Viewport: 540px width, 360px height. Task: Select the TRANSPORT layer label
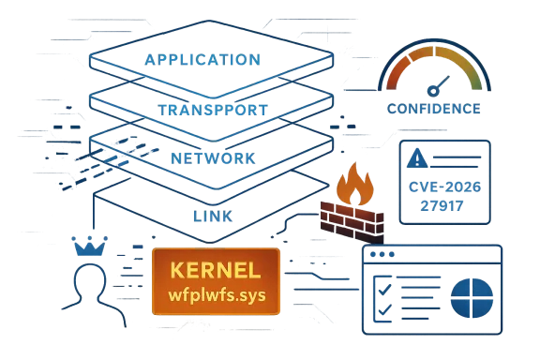[215, 110]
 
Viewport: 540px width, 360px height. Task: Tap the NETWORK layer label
[212, 158]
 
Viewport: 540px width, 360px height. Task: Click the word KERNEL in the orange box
[216, 270]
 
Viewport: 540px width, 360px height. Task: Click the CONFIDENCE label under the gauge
[433, 110]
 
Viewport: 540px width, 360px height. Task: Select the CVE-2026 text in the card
[445, 187]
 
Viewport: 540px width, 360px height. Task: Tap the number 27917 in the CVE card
[445, 203]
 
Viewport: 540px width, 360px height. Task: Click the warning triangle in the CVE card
[416, 157]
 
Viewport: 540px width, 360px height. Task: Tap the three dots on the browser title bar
[379, 254]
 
